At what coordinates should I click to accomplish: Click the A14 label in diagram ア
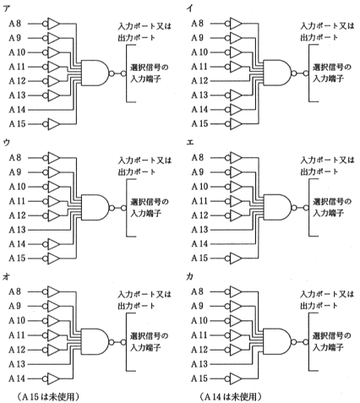pyautogui.click(x=17, y=109)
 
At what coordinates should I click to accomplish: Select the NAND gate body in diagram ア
pyautogui.click(x=95, y=73)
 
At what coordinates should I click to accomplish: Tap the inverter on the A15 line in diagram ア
pyautogui.click(x=52, y=124)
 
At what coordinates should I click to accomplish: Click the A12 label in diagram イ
pyautogui.click(x=199, y=81)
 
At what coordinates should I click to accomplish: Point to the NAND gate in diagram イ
pyautogui.click(x=277, y=73)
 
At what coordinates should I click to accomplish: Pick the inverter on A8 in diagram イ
pyautogui.click(x=234, y=24)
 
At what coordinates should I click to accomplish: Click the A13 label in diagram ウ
pyautogui.click(x=17, y=230)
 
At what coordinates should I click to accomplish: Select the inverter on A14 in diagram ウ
pyautogui.click(x=52, y=244)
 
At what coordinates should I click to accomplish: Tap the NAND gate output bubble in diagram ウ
pyautogui.click(x=112, y=208)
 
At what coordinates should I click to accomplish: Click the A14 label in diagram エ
pyautogui.click(x=199, y=243)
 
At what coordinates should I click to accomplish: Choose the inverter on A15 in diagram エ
pyautogui.click(x=234, y=258)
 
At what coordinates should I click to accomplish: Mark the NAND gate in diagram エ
pyautogui.click(x=277, y=207)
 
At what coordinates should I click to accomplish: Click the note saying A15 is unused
pyautogui.click(x=48, y=397)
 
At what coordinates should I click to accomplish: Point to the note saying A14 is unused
pyautogui.click(x=231, y=397)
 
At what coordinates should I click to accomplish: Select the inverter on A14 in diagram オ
pyautogui.click(x=52, y=378)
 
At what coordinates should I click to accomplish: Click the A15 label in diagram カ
pyautogui.click(x=199, y=378)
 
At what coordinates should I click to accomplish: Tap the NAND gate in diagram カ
pyautogui.click(x=277, y=341)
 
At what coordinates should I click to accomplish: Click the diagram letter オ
pyautogui.click(x=6, y=277)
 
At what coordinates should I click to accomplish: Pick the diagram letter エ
pyautogui.click(x=190, y=143)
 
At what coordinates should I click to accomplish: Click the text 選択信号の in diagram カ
pyautogui.click(x=332, y=335)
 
